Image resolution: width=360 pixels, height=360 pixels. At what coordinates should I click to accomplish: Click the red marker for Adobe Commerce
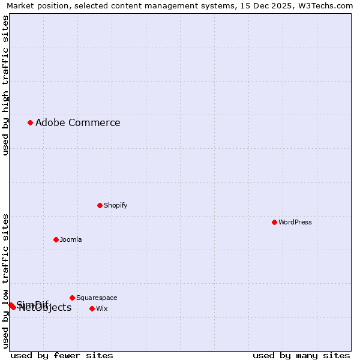(x=30, y=122)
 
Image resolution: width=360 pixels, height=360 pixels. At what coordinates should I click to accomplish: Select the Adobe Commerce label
(x=78, y=123)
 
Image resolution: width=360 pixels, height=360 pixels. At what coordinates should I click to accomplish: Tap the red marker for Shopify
(x=100, y=205)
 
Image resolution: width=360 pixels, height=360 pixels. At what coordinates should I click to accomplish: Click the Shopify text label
(x=116, y=205)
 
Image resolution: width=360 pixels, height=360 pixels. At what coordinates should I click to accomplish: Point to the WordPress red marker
(x=274, y=222)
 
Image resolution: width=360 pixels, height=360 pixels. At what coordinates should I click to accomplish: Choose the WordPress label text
(x=295, y=222)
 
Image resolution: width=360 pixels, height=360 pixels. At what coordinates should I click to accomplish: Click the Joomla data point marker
(x=56, y=239)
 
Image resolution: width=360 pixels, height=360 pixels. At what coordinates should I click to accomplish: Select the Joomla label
(x=71, y=239)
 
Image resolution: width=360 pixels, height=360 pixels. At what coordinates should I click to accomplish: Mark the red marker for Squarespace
(x=72, y=298)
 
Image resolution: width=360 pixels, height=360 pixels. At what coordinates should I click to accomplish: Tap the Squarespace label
(x=97, y=298)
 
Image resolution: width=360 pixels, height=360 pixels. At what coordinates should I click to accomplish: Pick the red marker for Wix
(x=92, y=308)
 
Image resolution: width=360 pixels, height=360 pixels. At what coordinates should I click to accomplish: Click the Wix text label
(x=102, y=308)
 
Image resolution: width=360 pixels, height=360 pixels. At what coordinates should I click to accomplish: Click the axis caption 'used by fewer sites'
(x=62, y=355)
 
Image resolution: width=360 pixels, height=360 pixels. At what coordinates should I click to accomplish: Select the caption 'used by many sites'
(x=301, y=355)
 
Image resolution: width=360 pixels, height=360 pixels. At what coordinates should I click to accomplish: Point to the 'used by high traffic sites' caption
(x=5, y=85)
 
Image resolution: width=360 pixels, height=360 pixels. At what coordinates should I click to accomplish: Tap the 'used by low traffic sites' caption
(x=5, y=281)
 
